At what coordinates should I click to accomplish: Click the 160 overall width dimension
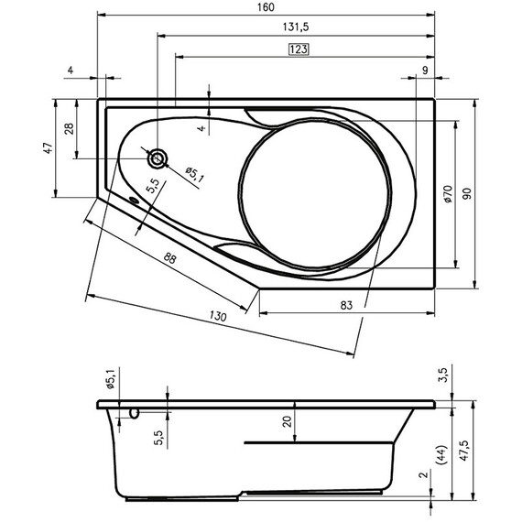pos(266,7)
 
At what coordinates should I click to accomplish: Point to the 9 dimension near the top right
pos(426,70)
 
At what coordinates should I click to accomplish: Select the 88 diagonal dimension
pos(169,259)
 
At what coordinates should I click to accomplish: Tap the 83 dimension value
pos(347,304)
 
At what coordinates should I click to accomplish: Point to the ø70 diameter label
pos(448,193)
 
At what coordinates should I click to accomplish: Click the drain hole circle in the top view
pos(158,158)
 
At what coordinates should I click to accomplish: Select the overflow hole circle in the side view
pos(135,412)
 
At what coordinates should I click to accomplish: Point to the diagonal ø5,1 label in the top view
pos(193,173)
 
